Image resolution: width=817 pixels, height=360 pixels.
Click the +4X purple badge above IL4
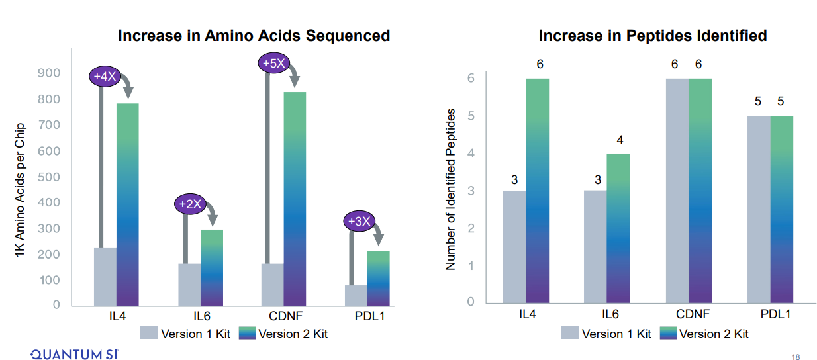pyautogui.click(x=105, y=77)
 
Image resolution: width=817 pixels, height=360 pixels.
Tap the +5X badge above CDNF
pyautogui.click(x=273, y=64)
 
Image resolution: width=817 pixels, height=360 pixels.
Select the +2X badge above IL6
pyautogui.click(x=190, y=204)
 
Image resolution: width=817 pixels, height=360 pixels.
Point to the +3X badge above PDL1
pyautogui.click(x=359, y=221)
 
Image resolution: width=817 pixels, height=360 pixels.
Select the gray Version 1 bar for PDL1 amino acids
pyautogui.click(x=356, y=295)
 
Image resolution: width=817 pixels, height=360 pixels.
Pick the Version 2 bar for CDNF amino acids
pyautogui.click(x=295, y=199)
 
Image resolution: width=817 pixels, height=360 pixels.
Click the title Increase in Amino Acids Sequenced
pyautogui.click(x=254, y=36)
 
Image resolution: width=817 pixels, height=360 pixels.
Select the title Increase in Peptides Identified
pyautogui.click(x=652, y=36)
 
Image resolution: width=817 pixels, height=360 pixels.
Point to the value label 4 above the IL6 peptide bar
pyautogui.click(x=618, y=140)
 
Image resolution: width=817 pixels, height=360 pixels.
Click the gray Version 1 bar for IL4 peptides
pyautogui.click(x=514, y=246)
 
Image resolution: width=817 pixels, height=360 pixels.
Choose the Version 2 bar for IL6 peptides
pyautogui.click(x=618, y=228)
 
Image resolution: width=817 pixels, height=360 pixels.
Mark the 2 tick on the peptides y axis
pyautogui.click(x=471, y=228)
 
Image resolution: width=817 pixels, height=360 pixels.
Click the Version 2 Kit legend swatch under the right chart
pyautogui.click(x=668, y=334)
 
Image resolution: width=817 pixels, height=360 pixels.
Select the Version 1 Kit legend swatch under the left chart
pyautogui.click(x=148, y=334)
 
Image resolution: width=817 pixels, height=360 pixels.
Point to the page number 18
pyautogui.click(x=796, y=355)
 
